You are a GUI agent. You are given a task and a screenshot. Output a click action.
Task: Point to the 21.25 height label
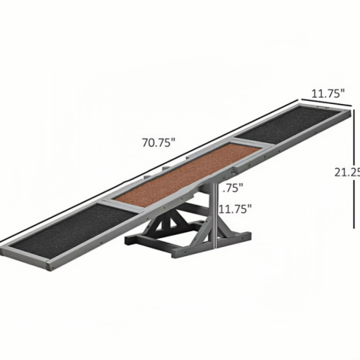click(347, 172)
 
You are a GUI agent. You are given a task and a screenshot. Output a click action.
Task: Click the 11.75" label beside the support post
click(234, 209)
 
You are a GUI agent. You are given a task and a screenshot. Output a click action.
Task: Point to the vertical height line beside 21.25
click(354, 173)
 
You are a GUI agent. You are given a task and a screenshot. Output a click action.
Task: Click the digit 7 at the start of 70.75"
click(143, 141)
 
